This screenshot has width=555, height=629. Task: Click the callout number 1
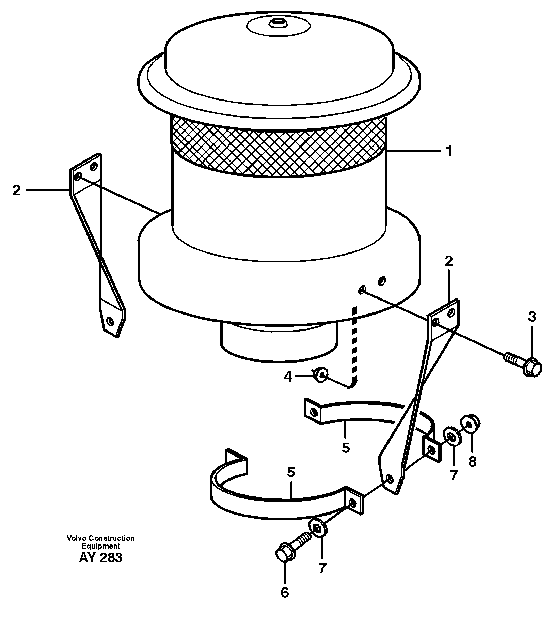tap(449, 151)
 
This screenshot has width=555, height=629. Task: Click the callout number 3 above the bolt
tap(532, 317)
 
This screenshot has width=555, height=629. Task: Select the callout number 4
tap(288, 377)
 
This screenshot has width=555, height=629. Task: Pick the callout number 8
tap(472, 462)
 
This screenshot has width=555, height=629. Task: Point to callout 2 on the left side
tap(16, 190)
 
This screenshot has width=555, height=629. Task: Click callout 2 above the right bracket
tap(448, 262)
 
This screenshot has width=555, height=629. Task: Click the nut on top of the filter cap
tap(277, 23)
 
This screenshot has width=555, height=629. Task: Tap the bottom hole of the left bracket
tap(110, 321)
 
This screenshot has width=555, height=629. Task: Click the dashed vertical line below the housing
tap(354, 344)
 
